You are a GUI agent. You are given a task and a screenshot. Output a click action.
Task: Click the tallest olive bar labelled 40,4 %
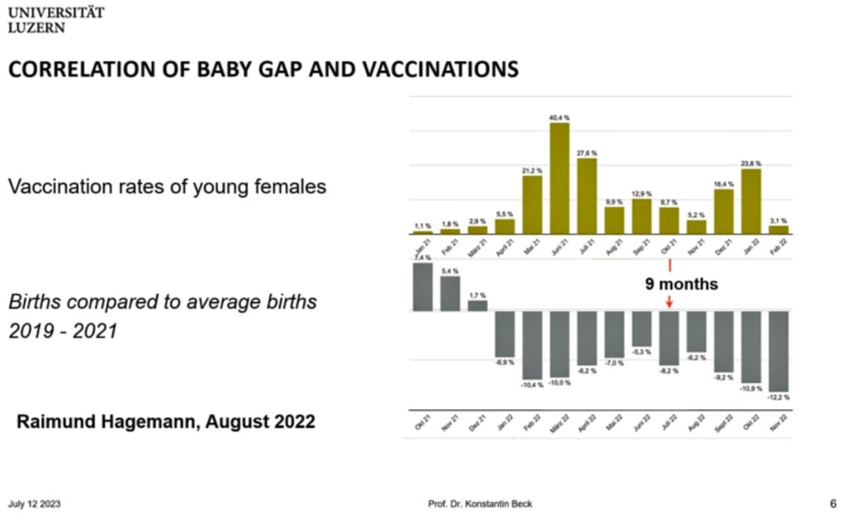point(559,178)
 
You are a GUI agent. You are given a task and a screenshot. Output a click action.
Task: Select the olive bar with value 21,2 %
point(532,205)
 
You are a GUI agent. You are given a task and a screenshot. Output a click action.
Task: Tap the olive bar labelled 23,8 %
point(751,201)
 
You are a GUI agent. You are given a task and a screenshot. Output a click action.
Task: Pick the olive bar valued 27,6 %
point(587,196)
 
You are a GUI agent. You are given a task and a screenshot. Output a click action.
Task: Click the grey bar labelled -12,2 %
point(778,351)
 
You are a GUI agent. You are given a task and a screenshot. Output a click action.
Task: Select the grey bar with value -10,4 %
point(532,344)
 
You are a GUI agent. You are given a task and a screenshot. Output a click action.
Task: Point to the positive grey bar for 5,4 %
point(450,293)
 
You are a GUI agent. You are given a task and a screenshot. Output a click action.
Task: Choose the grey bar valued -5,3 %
point(641,329)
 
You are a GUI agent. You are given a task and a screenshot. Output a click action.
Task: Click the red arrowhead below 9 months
point(669,304)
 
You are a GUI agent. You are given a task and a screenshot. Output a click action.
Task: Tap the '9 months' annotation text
point(682,285)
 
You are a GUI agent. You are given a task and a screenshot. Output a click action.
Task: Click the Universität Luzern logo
point(56,20)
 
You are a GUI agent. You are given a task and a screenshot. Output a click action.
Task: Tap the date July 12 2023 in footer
point(34,504)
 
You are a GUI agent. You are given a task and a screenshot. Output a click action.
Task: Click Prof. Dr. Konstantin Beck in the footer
point(485,504)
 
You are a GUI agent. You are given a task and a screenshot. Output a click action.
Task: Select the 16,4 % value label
point(724,184)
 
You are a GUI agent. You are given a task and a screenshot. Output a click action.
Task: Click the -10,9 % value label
point(751,388)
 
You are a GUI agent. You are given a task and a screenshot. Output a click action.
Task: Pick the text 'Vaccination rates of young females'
point(167,187)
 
